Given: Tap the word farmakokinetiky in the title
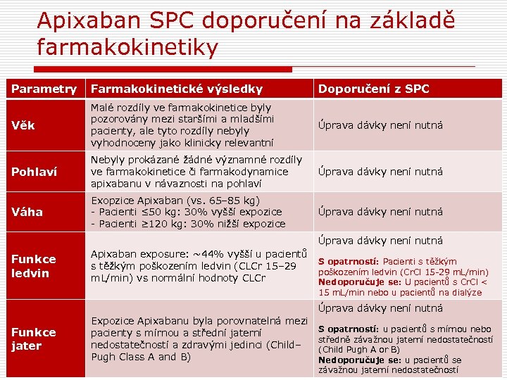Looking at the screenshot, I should point(127,48).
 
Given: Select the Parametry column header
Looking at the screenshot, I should point(44,89).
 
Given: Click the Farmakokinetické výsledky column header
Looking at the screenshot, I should point(176,89).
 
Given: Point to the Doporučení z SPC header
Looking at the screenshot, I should point(373,89).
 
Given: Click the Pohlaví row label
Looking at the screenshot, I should point(35,172).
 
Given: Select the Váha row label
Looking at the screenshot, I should point(27,212).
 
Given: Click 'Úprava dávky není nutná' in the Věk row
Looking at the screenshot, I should point(380,125).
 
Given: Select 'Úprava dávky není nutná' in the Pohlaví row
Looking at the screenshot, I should point(380,172).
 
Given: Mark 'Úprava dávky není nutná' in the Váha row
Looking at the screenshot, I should point(380,212).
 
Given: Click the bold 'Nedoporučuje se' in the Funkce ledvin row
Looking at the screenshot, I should point(351,282).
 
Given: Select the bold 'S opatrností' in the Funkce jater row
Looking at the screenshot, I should point(349,329).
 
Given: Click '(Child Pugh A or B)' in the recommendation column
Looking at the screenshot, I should point(359,349).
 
